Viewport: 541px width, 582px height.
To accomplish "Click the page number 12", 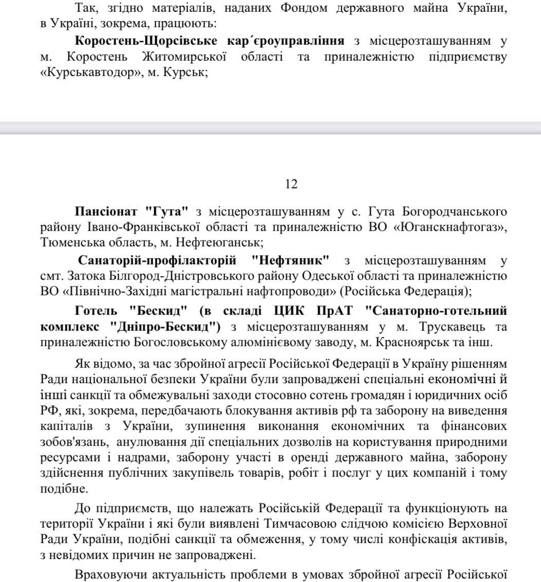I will pos(291,184).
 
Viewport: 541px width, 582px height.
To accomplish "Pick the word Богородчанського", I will pos(455,212).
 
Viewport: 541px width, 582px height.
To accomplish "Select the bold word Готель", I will pos(96,311).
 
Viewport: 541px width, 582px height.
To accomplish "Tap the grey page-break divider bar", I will pos(270,128).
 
